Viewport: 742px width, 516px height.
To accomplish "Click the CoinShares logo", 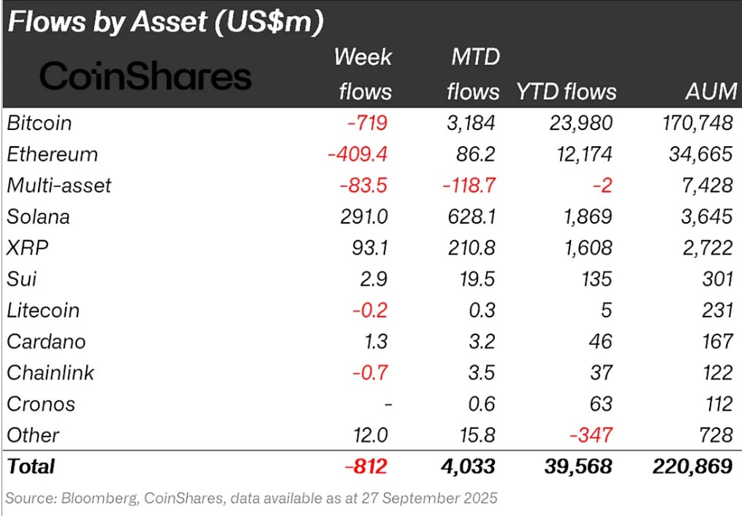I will pos(145,76).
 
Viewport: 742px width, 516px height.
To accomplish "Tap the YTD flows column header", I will pos(566,91).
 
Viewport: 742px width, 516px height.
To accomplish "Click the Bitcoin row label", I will pos(39,123).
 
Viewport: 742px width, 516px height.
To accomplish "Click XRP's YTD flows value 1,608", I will pos(587,248).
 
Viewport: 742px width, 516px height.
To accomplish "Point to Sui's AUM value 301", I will pos(716,279).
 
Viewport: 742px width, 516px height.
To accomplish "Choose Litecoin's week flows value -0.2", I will pos(370,310).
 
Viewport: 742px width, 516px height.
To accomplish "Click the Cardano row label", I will pos(46,341).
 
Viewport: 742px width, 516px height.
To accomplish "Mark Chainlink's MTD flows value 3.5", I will pos(480,373).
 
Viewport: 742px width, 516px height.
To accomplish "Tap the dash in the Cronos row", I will pos(387,404).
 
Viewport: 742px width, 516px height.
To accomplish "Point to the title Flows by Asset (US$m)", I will pos(165,22).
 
